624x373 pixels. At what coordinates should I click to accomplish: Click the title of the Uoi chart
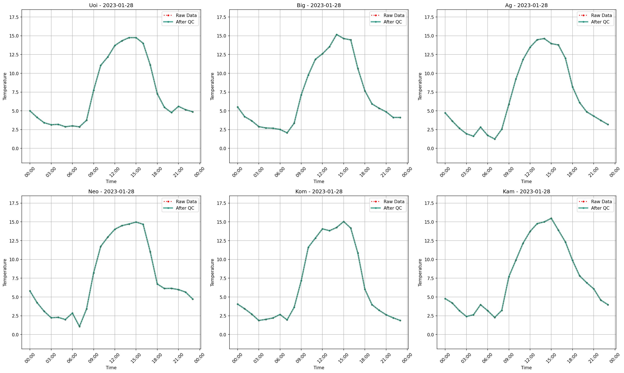coord(111,5)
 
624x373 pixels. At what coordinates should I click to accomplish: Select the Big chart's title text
coord(319,5)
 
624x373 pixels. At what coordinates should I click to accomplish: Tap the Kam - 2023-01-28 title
coord(526,192)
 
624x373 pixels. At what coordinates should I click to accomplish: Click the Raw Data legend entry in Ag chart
coord(601,15)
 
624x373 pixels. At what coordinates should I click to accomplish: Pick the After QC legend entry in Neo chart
coord(185,208)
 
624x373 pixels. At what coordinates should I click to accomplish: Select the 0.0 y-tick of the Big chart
coord(223,148)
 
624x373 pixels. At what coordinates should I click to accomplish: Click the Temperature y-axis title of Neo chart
coord(5,272)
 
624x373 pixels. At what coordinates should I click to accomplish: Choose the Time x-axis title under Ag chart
coord(526,181)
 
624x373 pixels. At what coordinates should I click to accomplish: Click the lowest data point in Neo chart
coord(79,327)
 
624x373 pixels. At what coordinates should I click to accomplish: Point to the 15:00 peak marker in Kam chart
coord(551,218)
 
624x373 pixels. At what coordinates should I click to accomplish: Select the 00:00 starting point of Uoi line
coord(30,111)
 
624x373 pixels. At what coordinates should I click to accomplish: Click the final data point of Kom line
coord(400,320)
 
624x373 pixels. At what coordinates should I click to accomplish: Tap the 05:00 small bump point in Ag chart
coord(480,127)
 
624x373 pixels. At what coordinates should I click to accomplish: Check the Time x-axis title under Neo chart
coord(111,368)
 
